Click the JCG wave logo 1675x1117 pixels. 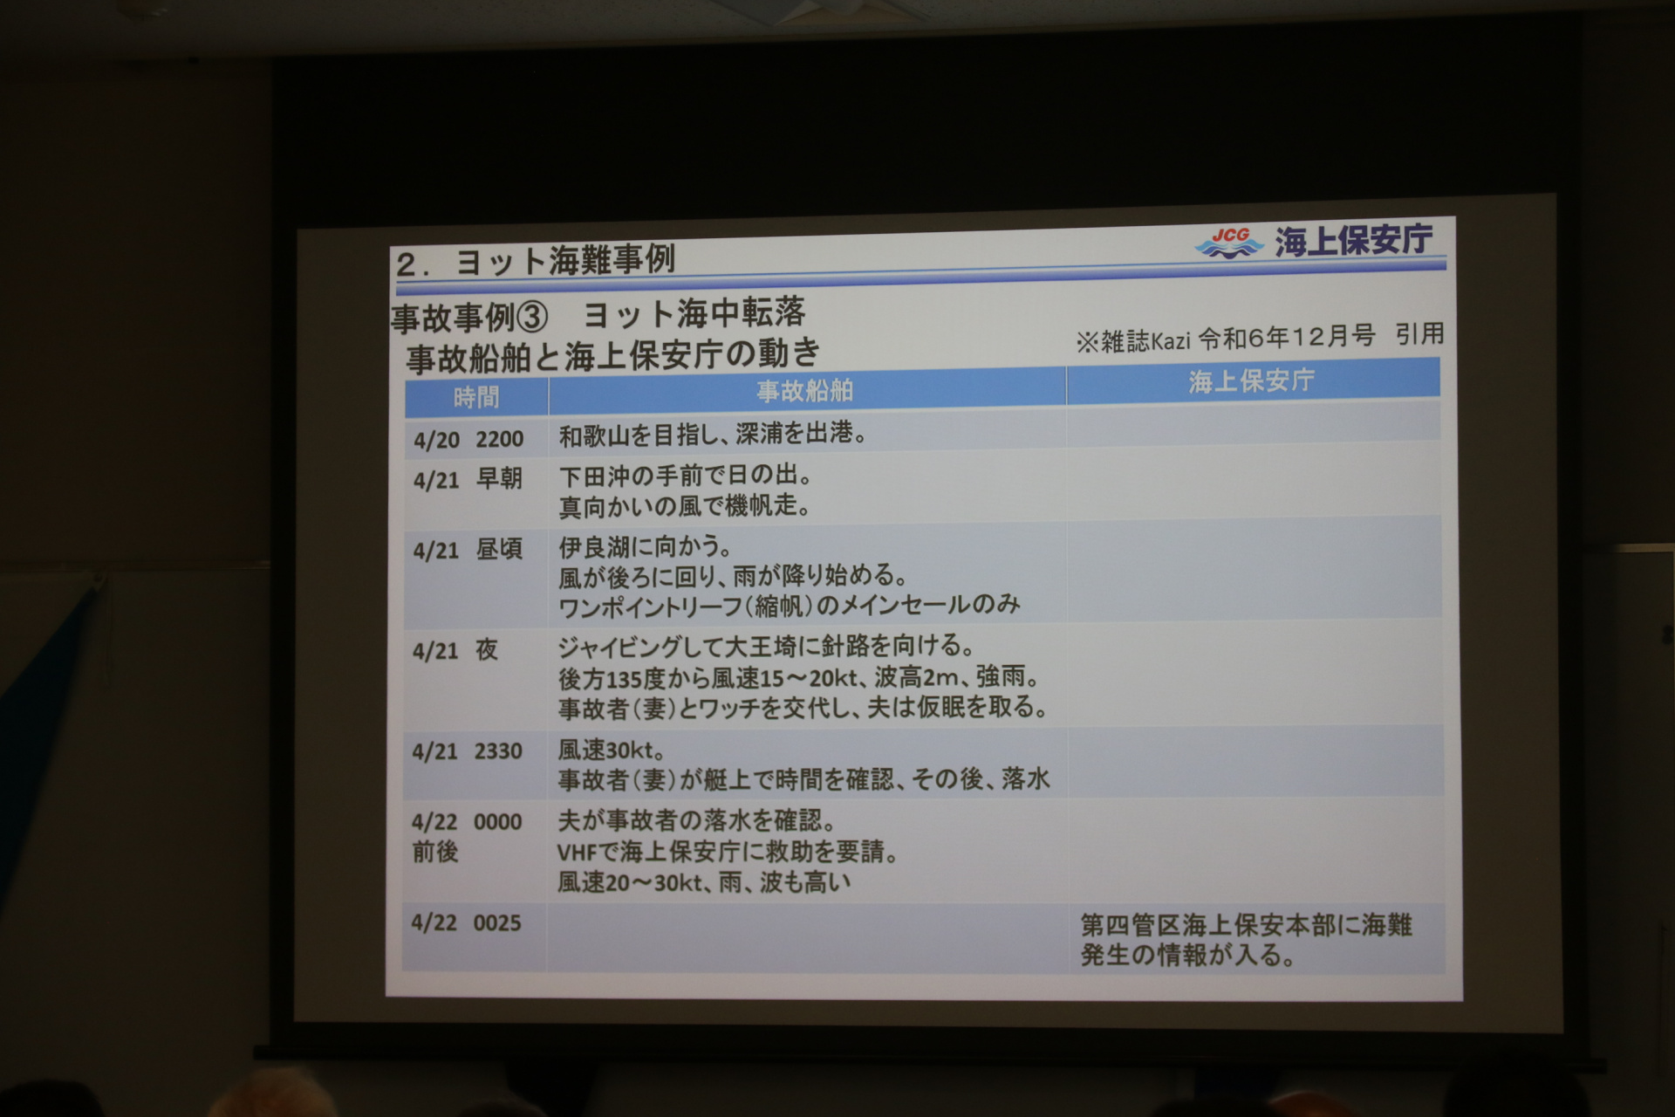pyautogui.click(x=1229, y=243)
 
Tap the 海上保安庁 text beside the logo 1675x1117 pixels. pyautogui.click(x=1353, y=240)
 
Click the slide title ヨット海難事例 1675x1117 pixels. pyautogui.click(x=565, y=261)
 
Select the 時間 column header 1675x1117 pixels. pyautogui.click(x=475, y=397)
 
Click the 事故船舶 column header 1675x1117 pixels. pyautogui.click(x=804, y=390)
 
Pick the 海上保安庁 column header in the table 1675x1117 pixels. pyautogui.click(x=1251, y=380)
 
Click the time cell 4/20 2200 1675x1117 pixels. pyautogui.click(x=468, y=439)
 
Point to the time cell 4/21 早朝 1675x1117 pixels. pyautogui.click(x=468, y=479)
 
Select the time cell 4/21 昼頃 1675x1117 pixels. pyautogui.click(x=468, y=550)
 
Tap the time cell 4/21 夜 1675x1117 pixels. pyautogui.click(x=455, y=650)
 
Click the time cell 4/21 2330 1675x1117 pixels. pyautogui.click(x=467, y=751)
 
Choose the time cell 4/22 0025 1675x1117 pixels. pyautogui.click(x=466, y=922)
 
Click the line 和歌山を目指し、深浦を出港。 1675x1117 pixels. pyautogui.click(x=713, y=434)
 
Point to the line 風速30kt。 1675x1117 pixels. pyautogui.click(x=612, y=749)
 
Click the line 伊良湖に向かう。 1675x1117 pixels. pyautogui.click(x=645, y=547)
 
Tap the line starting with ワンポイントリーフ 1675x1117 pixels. pyautogui.click(x=789, y=605)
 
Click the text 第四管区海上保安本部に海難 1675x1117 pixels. pyautogui.click(x=1246, y=924)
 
